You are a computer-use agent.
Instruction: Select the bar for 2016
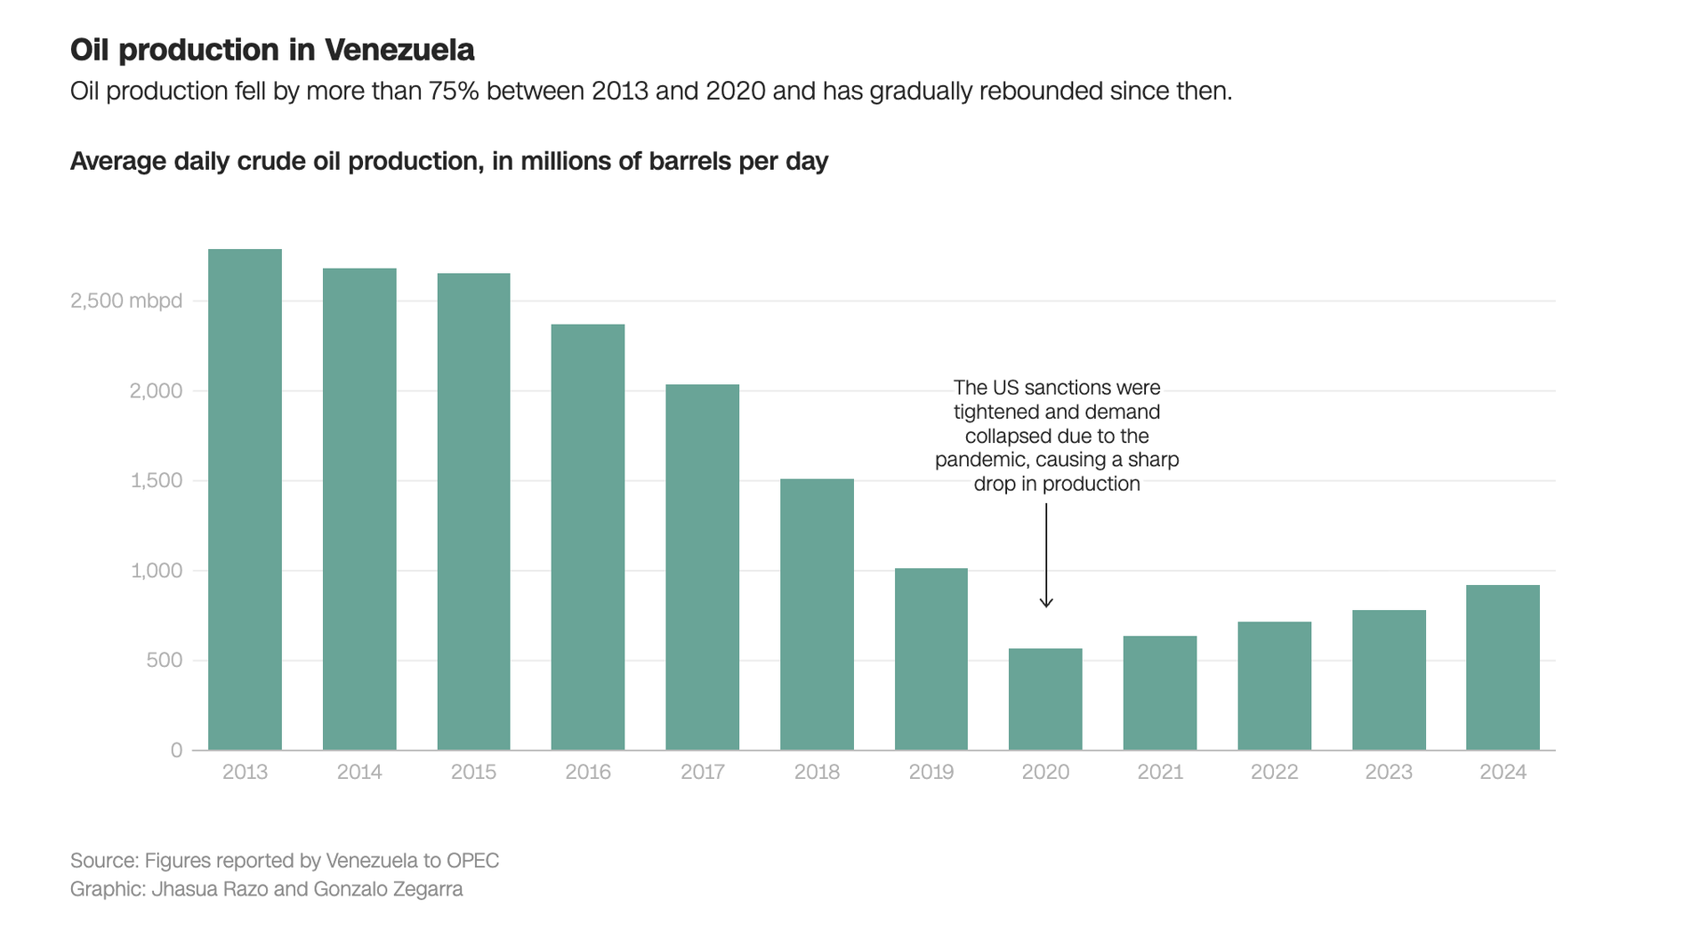[588, 537]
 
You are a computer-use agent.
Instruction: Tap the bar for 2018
[817, 614]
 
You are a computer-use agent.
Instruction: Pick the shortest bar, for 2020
[1045, 699]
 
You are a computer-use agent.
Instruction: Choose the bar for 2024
[1503, 667]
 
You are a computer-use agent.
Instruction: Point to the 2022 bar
[1274, 686]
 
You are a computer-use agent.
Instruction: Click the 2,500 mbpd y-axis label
[126, 301]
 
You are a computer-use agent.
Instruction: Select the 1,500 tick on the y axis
[157, 481]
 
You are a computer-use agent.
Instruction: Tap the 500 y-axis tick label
[165, 661]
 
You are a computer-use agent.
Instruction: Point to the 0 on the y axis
[176, 750]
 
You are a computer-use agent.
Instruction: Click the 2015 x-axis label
[473, 772]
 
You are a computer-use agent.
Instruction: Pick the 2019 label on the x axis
[931, 772]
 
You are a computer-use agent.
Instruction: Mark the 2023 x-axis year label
[1389, 772]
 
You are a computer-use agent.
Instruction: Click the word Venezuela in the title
[399, 51]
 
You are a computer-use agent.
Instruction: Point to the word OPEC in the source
[472, 861]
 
